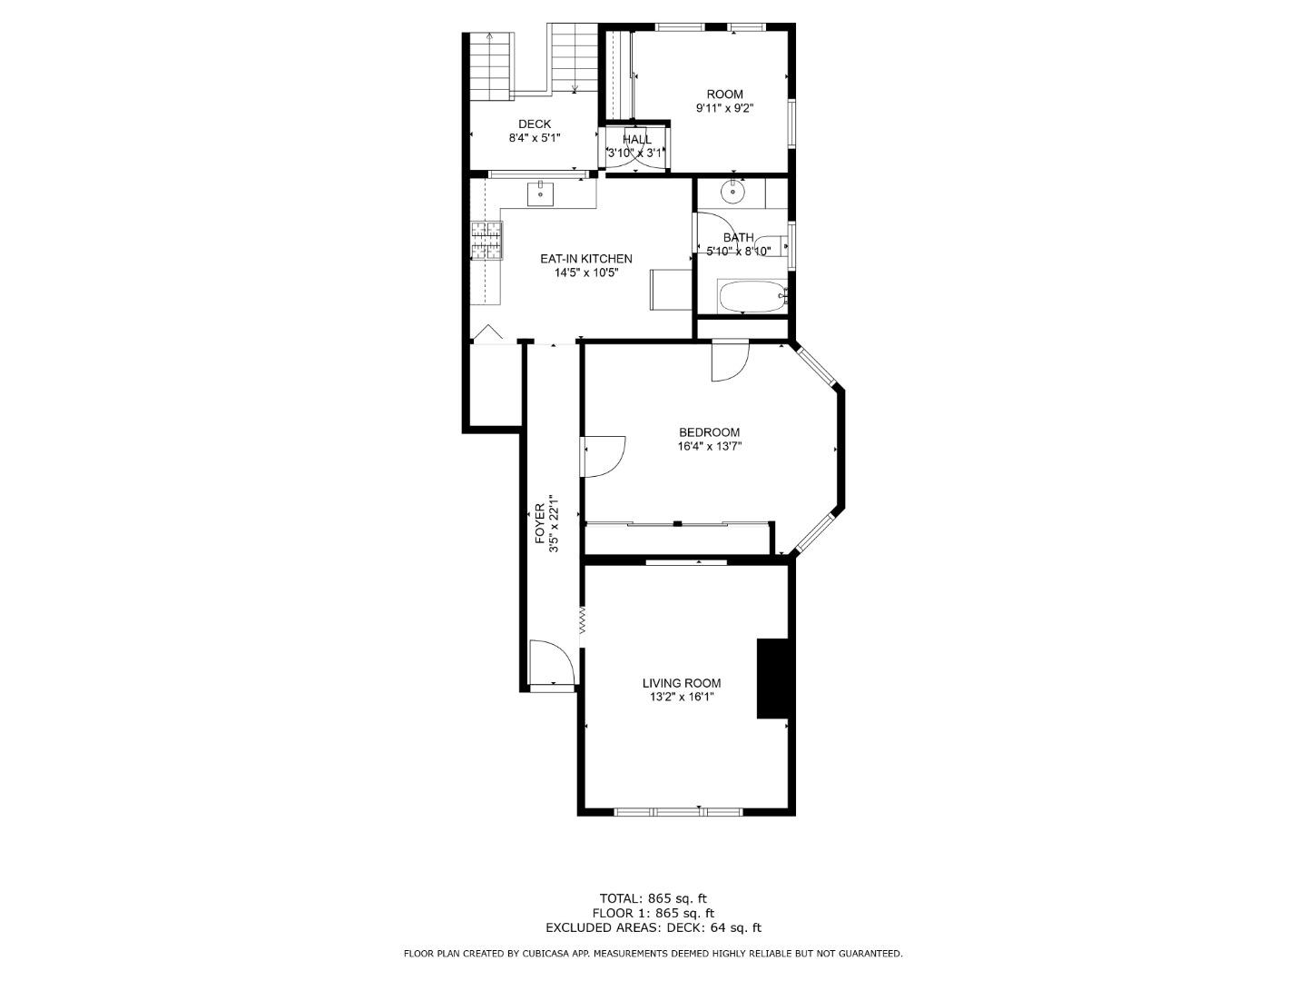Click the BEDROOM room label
[x=709, y=432]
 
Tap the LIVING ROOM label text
[x=681, y=683]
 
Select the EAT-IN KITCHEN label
[x=585, y=259]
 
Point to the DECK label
[x=534, y=124]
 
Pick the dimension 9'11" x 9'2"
[x=724, y=108]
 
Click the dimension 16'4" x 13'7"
[x=709, y=446]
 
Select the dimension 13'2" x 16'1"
[x=681, y=698]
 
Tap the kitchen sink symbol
[x=541, y=193]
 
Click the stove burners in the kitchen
[x=486, y=241]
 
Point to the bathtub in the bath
[x=750, y=295]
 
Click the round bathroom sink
[x=732, y=193]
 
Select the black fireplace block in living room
[x=773, y=679]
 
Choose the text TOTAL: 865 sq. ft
[x=653, y=898]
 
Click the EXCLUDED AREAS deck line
[x=653, y=927]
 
